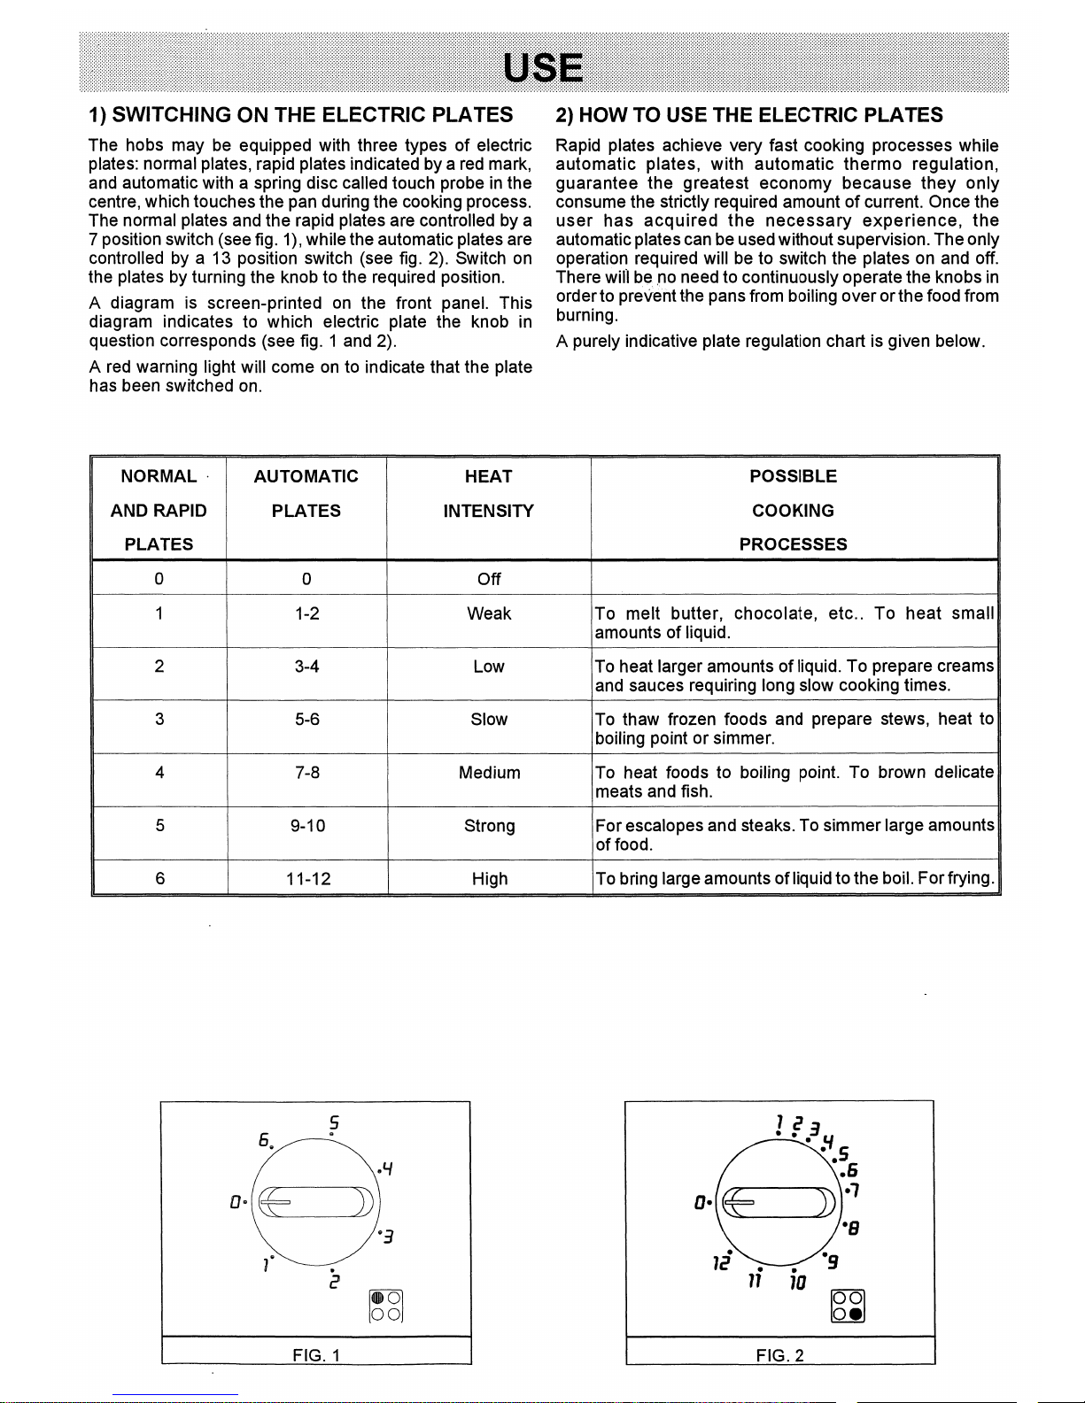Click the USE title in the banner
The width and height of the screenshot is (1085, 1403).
click(543, 67)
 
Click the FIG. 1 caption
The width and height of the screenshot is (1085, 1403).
click(316, 1355)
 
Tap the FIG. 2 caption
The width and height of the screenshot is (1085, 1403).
click(779, 1355)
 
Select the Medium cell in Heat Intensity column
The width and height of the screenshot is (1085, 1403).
click(489, 773)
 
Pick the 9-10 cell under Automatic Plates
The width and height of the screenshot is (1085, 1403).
click(306, 826)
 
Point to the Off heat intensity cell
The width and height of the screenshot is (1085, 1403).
click(489, 579)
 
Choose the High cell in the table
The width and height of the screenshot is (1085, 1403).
click(489, 879)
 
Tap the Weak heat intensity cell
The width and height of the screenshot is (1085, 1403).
click(489, 613)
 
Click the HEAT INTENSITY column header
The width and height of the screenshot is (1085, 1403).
click(489, 493)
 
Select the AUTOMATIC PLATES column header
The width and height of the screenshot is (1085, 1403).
click(306, 493)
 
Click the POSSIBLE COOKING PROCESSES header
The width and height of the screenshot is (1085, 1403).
click(794, 510)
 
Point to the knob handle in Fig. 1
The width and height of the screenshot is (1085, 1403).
click(316, 1201)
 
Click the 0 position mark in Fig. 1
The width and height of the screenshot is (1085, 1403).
click(236, 1202)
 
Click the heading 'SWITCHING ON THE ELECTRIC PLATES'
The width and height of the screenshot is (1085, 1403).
click(300, 115)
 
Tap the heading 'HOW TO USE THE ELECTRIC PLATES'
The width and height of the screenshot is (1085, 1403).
click(748, 115)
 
